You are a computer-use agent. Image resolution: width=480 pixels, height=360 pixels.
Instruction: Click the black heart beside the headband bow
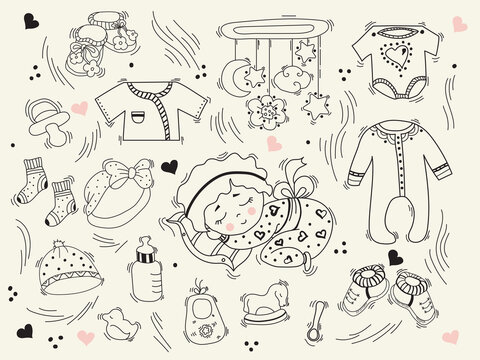tap(170, 167)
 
